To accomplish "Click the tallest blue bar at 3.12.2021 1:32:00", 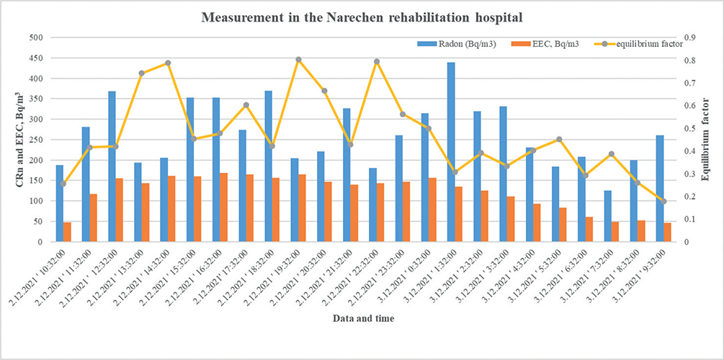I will pos(451,152).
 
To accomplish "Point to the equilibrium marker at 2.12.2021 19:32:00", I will pos(298,59).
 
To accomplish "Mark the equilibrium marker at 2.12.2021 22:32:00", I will pos(377,61).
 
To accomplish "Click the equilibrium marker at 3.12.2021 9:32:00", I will pos(664,202).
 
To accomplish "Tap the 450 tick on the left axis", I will pos(36,58).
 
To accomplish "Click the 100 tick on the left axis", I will pos(36,201).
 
